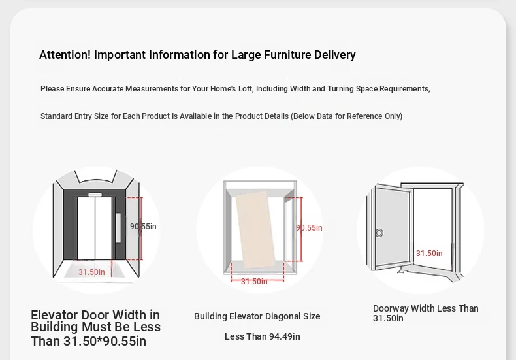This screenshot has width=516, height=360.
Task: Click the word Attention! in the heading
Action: coord(65,55)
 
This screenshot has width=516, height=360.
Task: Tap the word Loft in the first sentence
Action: coord(246,89)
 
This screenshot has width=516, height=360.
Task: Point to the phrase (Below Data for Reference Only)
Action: coord(347,116)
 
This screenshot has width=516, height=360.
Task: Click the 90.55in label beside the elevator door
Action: coord(143,227)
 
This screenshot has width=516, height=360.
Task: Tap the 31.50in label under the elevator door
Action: coord(91,272)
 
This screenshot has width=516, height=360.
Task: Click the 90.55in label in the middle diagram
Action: coord(309,228)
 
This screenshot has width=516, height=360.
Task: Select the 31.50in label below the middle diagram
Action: coord(254,282)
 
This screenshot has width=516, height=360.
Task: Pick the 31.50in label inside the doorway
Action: coord(429,253)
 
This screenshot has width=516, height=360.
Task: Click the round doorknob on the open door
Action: coord(379,233)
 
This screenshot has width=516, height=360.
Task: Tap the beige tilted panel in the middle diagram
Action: coord(255,229)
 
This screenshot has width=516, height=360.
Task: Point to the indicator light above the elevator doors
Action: coord(95,195)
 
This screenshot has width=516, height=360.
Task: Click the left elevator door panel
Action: coord(86,228)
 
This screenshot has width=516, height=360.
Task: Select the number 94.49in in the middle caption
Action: coord(285,336)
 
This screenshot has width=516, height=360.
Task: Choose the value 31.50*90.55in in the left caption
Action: coord(105,341)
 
